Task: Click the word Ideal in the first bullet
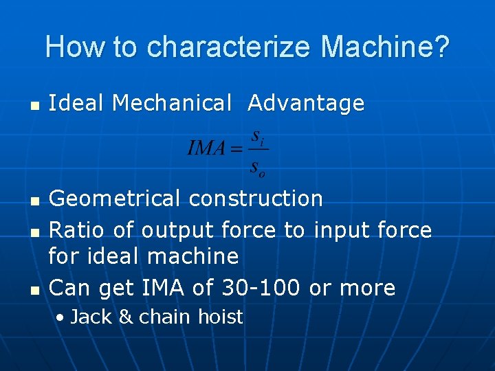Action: point(76,103)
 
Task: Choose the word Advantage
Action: point(306,103)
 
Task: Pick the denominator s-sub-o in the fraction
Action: point(258,166)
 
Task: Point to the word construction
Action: point(256,199)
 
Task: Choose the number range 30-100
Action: point(261,287)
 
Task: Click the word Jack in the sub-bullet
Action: point(87,317)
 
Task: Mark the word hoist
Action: point(221,317)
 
